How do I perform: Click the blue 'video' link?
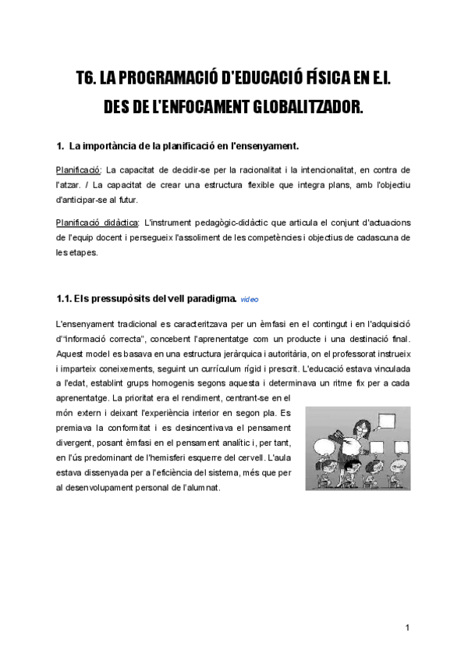point(250,299)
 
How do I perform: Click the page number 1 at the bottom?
point(407,628)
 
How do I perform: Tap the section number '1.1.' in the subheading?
point(65,297)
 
